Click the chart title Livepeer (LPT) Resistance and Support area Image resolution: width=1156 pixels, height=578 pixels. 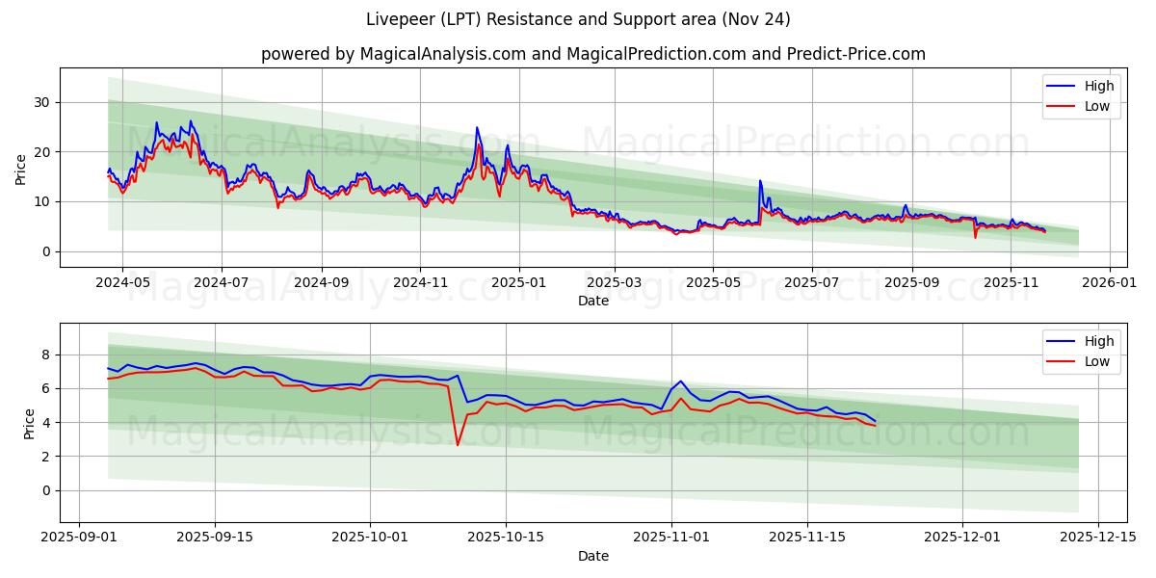(x=578, y=19)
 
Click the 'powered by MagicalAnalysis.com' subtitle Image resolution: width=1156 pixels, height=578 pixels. (x=592, y=54)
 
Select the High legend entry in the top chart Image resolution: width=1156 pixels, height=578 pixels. (x=1098, y=86)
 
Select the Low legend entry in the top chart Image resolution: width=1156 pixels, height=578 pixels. (x=1097, y=106)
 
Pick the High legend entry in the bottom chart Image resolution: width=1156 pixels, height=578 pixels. (x=1098, y=341)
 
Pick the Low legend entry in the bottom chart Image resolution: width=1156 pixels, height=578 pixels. (x=1097, y=361)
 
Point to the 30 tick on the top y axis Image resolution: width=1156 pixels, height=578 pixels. (x=42, y=102)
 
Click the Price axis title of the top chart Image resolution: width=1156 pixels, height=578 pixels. (x=21, y=168)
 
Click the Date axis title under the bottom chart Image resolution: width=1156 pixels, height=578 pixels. (x=592, y=556)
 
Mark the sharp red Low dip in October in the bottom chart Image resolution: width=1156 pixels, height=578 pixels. (x=458, y=444)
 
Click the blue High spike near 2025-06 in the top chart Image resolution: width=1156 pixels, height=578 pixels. (x=760, y=181)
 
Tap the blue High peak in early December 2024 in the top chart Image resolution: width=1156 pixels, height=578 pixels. (x=476, y=127)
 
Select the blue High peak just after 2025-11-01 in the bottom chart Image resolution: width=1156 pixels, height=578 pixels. (x=680, y=381)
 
